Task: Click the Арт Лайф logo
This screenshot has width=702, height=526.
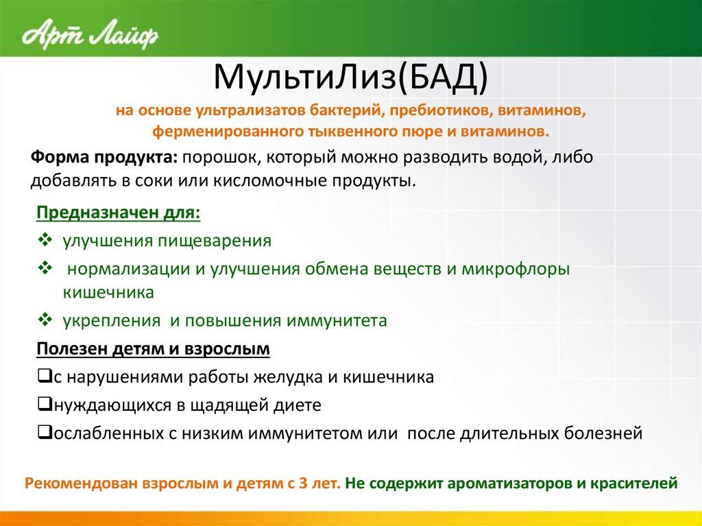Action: coord(90,34)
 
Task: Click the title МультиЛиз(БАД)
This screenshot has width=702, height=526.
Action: coord(350,78)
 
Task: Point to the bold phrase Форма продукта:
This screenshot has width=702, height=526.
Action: coord(104,157)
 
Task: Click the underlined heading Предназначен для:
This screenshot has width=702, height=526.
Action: coord(118,213)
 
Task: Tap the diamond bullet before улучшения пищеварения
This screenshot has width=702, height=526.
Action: coord(45,240)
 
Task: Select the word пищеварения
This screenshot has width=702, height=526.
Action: coord(215,241)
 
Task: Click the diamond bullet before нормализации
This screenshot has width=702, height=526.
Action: coord(45,268)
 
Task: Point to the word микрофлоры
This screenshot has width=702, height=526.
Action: coord(516,270)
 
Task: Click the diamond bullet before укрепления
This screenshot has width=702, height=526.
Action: coord(45,320)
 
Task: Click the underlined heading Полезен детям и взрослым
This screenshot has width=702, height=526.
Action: coord(153,349)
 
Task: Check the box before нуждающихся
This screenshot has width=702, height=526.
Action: coord(45,404)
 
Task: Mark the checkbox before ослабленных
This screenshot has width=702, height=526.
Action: coord(45,432)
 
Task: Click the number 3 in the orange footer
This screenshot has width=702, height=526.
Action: coord(303,483)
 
